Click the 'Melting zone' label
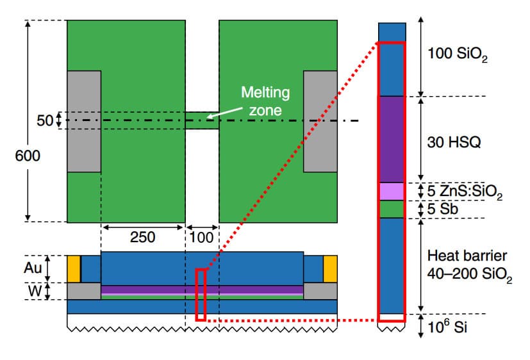[265, 101]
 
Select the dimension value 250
[143, 237]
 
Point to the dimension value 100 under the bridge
[202, 237]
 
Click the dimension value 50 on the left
[44, 120]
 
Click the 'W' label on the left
[49, 291]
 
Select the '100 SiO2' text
[458, 56]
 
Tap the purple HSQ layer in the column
[392, 139]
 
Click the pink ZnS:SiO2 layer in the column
[392, 191]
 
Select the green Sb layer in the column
[392, 209]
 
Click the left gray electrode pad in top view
[84, 121]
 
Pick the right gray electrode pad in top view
[320, 121]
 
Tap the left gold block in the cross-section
[74, 268]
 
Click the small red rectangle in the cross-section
[201, 294]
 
